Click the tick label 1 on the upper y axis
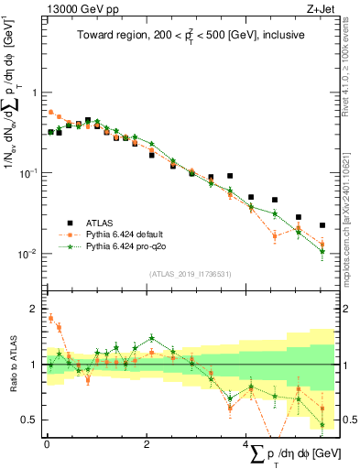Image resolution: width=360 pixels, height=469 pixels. coord(34,93)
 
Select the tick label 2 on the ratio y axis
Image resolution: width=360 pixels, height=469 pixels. coord(34,309)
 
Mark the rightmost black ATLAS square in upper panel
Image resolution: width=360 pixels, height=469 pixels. coord(322,225)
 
